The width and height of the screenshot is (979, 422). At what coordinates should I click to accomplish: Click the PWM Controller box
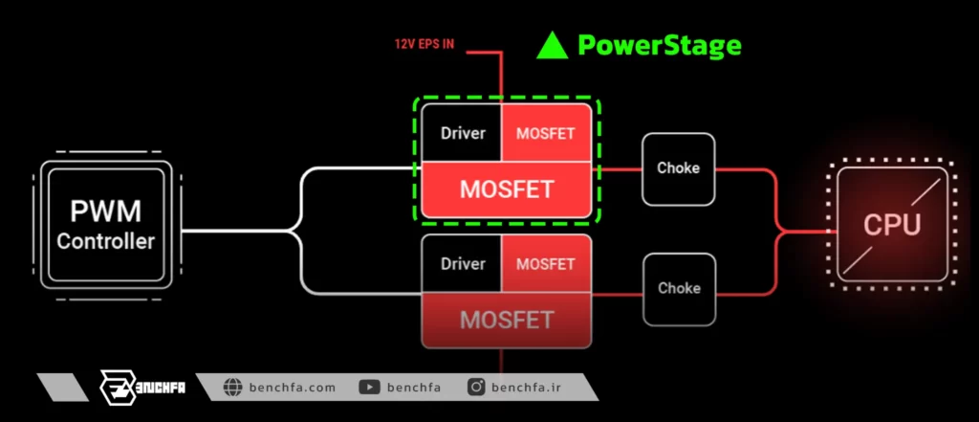106,225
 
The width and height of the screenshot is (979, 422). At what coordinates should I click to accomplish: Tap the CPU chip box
892,225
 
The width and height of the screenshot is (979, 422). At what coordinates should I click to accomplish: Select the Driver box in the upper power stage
462,133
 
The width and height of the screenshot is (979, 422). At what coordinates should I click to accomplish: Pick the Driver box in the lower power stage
462,263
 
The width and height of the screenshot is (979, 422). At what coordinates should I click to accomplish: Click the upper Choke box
678,168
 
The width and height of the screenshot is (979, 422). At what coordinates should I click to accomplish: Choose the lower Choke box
679,289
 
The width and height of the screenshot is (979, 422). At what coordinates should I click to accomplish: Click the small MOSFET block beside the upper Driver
546,133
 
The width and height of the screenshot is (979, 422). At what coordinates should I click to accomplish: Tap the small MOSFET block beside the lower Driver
546,263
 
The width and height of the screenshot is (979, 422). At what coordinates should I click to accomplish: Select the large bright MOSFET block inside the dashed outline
507,189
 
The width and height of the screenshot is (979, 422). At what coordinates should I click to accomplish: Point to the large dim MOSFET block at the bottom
507,321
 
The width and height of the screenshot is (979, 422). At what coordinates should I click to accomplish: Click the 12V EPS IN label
424,44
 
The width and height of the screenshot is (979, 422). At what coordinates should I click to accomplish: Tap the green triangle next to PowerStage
552,46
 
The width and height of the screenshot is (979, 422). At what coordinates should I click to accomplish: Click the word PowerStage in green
660,46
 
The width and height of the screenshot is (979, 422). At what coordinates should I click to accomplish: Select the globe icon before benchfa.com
232,388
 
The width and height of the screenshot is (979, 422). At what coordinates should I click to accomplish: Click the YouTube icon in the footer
370,388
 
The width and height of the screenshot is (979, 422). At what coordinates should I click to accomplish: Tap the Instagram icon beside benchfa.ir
476,388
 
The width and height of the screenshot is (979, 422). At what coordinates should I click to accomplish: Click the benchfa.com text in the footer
293,388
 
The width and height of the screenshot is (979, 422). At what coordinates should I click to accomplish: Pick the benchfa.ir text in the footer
526,388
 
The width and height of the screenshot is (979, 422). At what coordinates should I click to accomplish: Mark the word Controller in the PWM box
105,241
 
